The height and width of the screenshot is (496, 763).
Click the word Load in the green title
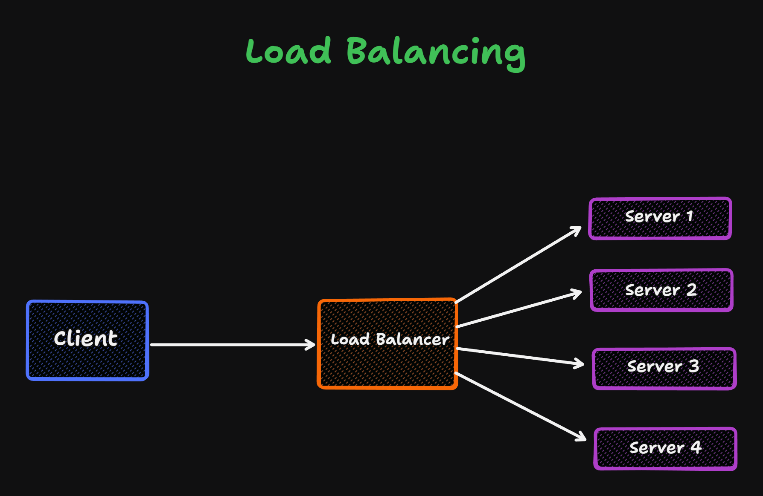pos(288,51)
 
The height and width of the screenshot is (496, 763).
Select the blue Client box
pos(87,340)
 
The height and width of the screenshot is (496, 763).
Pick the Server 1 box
pos(660,218)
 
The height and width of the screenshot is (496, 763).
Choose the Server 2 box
pos(661,290)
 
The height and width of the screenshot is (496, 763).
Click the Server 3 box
pos(664,369)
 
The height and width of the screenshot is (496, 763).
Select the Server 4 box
pos(665,449)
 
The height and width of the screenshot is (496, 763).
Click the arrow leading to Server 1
pos(518,265)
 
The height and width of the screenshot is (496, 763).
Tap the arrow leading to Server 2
pos(518,310)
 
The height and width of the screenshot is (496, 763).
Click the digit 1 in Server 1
pos(690,216)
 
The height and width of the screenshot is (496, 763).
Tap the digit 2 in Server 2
pos(692,290)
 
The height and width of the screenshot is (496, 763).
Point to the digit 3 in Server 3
pos(694,366)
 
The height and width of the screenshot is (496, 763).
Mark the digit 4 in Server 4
pos(696,447)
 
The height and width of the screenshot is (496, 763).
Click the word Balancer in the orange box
pos(413,340)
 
